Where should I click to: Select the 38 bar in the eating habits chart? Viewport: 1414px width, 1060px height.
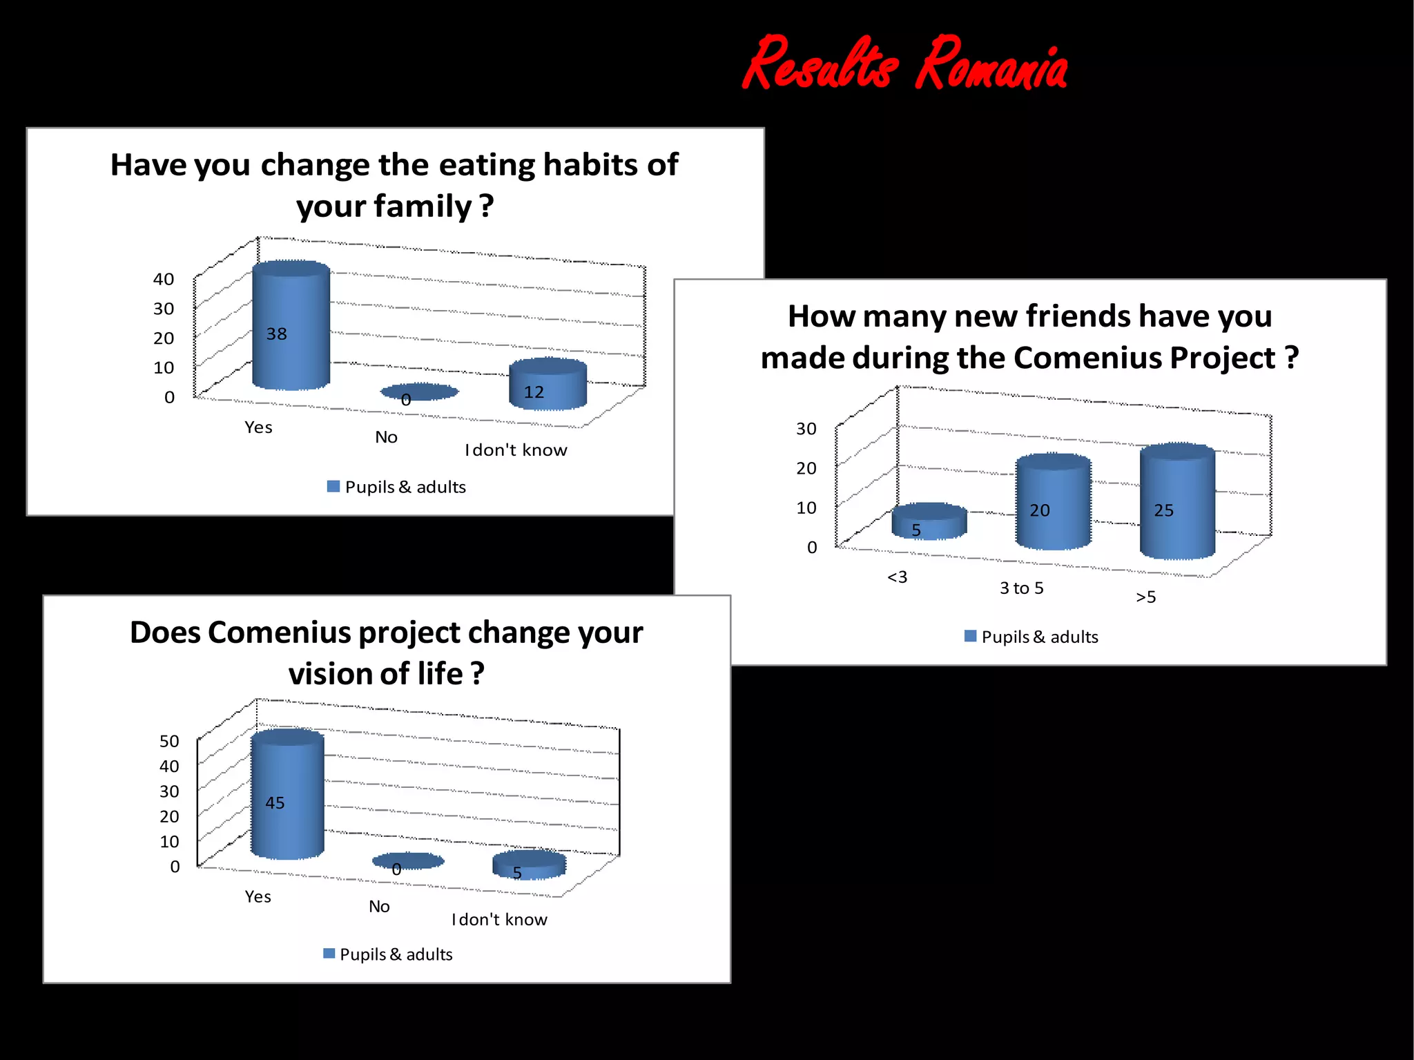pyautogui.click(x=291, y=325)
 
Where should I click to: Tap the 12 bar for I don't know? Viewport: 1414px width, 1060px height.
pyautogui.click(x=548, y=385)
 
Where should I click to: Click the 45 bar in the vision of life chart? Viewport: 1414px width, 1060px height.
pyautogui.click(x=287, y=794)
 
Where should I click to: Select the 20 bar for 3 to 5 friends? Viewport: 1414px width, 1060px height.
pyautogui.click(x=1053, y=502)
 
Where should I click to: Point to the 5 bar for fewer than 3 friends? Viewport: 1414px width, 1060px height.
pyautogui.click(x=929, y=522)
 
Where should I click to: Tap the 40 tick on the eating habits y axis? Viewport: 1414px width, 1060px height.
pyautogui.click(x=164, y=279)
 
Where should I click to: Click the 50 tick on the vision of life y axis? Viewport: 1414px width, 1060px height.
pyautogui.click(x=169, y=741)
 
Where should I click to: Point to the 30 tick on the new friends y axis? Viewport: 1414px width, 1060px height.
pyautogui.click(x=806, y=429)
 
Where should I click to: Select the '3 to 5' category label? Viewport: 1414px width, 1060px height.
pyautogui.click(x=1021, y=588)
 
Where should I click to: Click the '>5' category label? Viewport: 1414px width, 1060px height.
pyautogui.click(x=1145, y=597)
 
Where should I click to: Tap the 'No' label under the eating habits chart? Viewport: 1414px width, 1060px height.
pyautogui.click(x=386, y=437)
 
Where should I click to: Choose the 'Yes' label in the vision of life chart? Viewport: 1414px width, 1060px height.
pyautogui.click(x=258, y=896)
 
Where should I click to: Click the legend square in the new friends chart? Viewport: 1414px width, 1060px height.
pyautogui.click(x=970, y=636)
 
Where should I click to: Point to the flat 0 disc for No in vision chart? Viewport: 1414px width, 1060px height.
pyautogui.click(x=407, y=861)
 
